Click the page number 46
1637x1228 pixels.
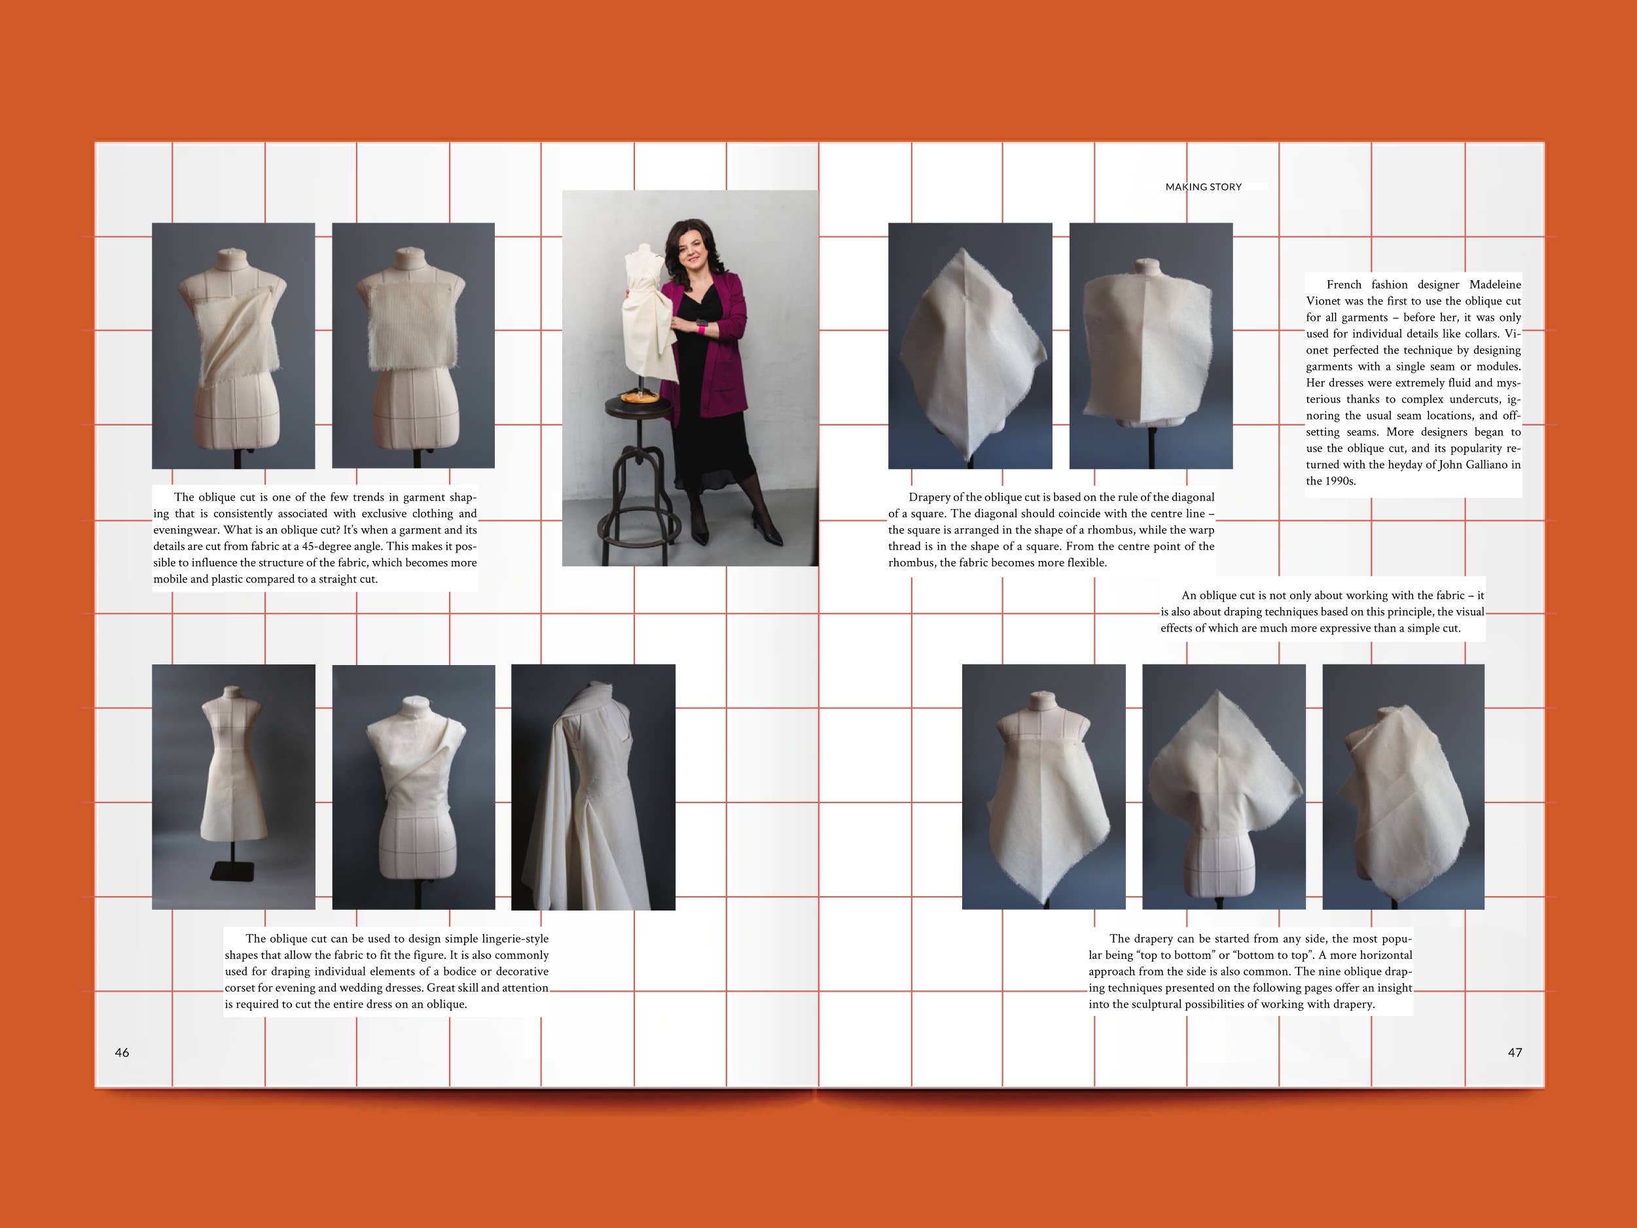pos(122,1053)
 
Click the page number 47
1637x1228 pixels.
pos(1515,1053)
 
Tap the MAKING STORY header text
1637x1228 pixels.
pos(1203,187)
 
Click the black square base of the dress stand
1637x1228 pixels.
pos(232,871)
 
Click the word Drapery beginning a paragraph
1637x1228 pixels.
pos(929,498)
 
